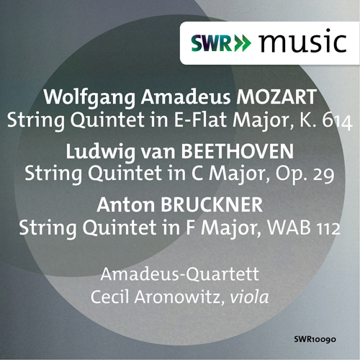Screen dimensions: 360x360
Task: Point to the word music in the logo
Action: pyautogui.click(x=302, y=42)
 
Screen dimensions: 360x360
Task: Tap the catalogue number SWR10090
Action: pyautogui.click(x=318, y=338)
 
